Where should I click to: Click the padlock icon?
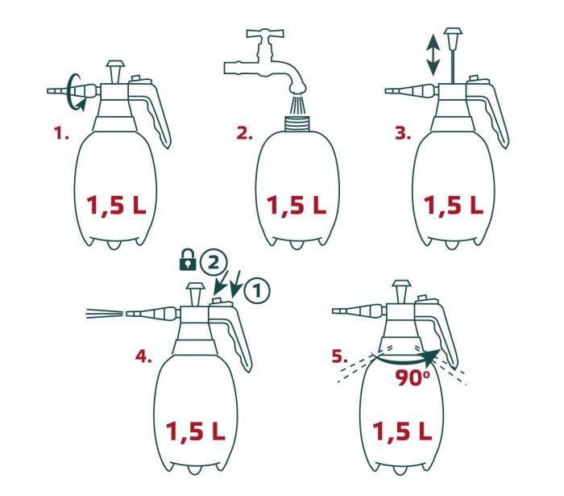pyautogui.click(x=186, y=261)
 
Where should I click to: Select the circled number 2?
pyautogui.click(x=210, y=261)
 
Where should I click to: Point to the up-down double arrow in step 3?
pyautogui.click(x=433, y=54)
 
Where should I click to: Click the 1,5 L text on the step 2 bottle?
pyautogui.click(x=295, y=206)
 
